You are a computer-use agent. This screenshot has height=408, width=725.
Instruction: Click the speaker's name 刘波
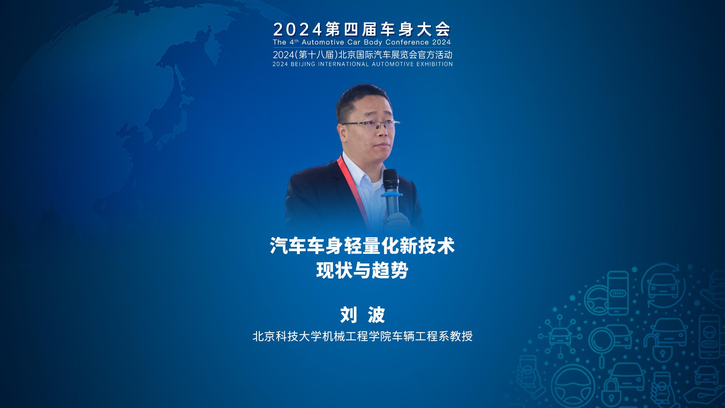point(362,315)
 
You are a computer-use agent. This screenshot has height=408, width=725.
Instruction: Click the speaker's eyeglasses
point(370,125)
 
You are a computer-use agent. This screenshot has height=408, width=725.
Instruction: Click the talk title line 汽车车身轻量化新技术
point(362,246)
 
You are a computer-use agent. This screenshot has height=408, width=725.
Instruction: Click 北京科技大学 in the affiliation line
point(282,336)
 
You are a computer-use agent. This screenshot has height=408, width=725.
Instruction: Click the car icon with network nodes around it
point(561,334)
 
